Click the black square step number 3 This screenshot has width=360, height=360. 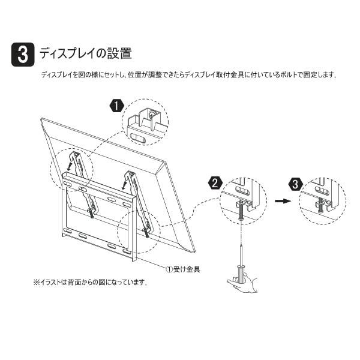coord(23,55)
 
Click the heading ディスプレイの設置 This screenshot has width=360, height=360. coord(86,53)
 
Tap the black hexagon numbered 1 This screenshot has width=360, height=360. coord(117,106)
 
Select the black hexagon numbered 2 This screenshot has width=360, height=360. coord(215,184)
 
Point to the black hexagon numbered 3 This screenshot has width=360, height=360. coord(295,184)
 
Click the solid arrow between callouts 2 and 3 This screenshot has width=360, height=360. coord(283,201)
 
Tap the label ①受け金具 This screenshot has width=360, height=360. coord(183,269)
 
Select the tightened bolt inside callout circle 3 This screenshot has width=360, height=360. coord(321,205)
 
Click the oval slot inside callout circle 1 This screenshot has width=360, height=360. coord(137,139)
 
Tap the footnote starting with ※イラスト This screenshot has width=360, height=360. coord(91,282)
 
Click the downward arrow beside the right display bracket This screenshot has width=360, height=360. coord(124,184)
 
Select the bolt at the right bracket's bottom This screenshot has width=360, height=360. coord(146,232)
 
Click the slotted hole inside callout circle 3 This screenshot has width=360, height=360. coord(322,190)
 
